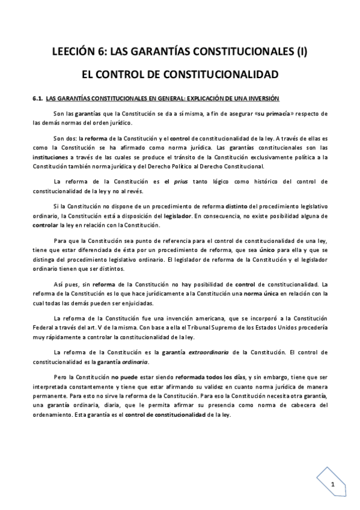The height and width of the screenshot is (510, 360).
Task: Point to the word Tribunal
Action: pyautogui.click(x=173, y=327)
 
